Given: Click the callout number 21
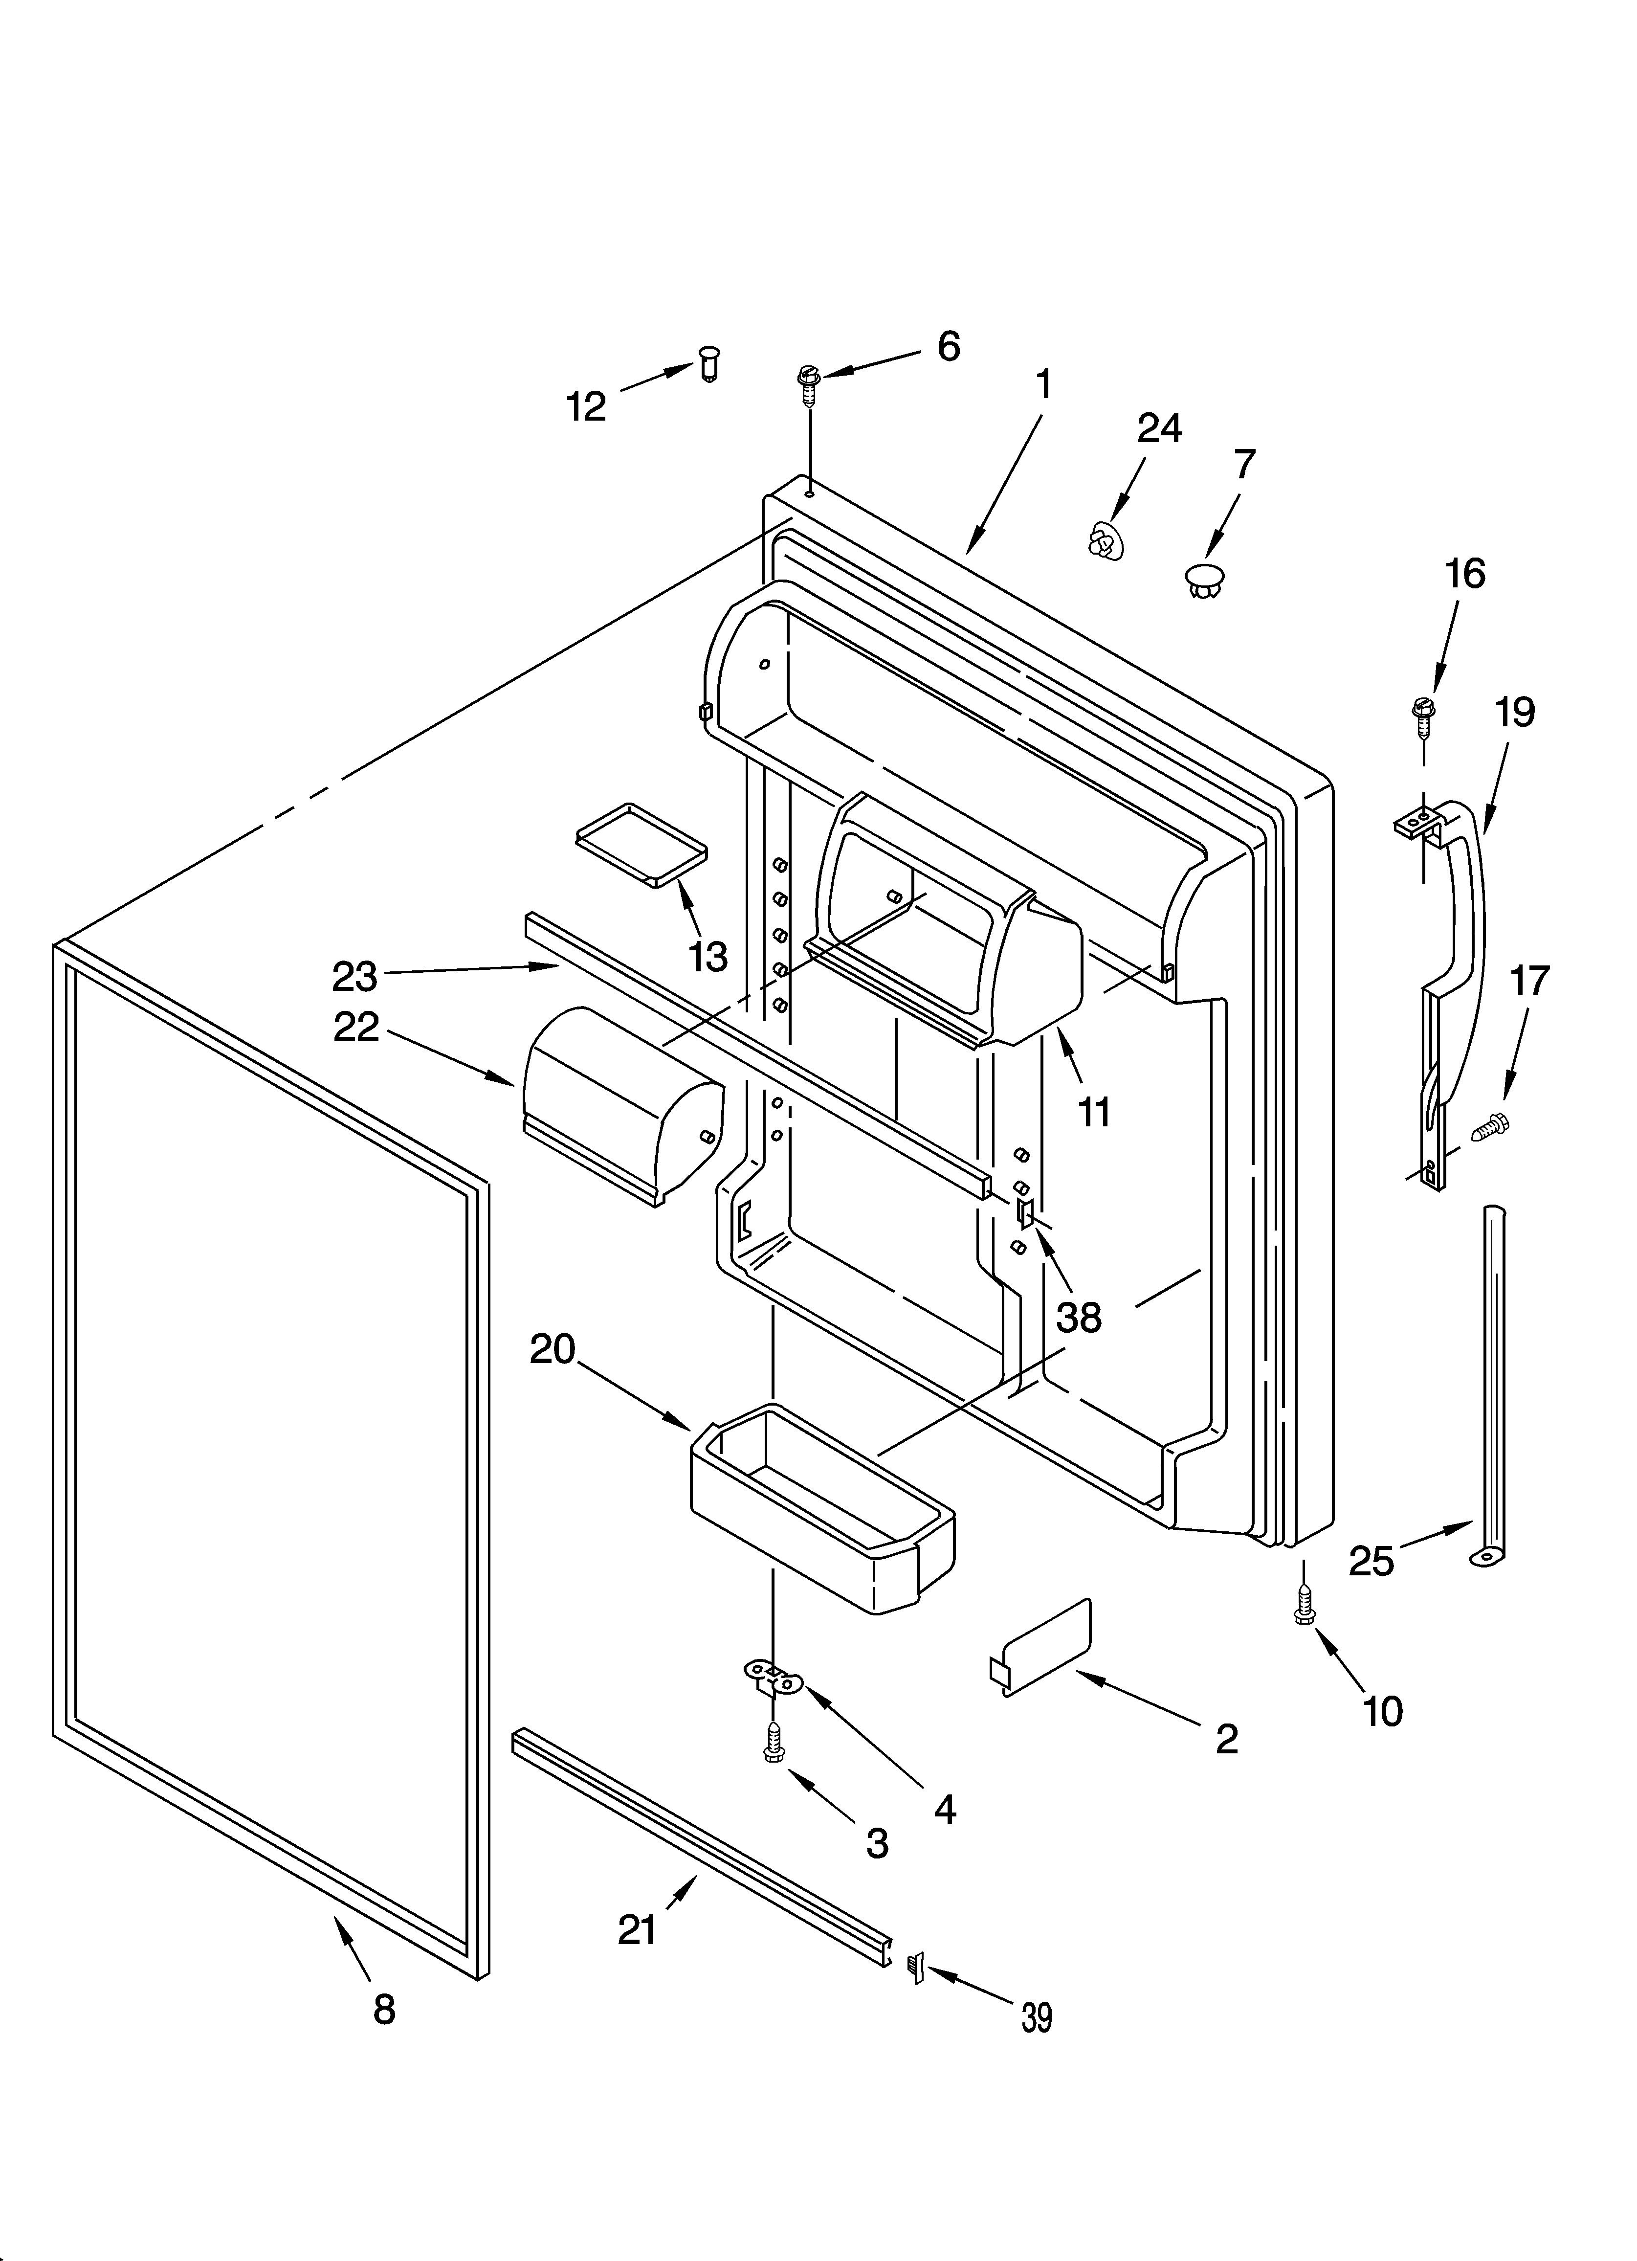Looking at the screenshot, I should coord(637,1929).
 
